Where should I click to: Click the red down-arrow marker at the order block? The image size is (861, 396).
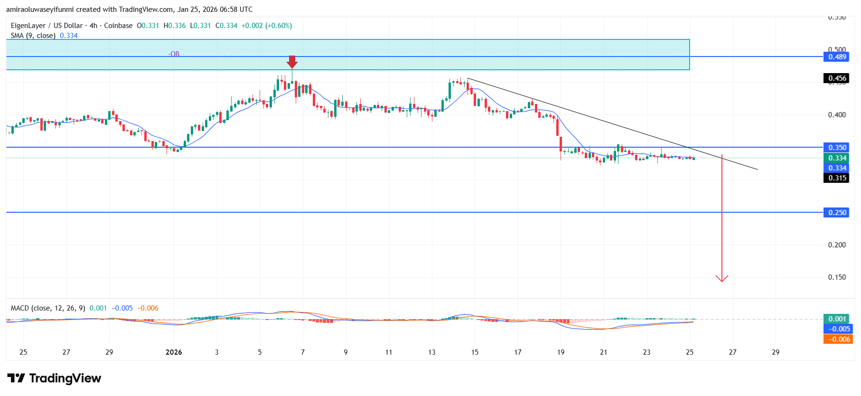292,62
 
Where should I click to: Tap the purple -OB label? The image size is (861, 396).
174,54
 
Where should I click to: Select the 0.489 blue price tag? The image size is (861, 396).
837,57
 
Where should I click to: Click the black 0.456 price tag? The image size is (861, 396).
837,78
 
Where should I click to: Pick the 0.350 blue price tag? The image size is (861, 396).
837,148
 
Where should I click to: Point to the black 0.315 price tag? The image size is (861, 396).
837,178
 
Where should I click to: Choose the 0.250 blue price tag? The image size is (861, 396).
837,213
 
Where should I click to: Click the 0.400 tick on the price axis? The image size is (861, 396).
837,115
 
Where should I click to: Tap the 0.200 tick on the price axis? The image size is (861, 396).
837,245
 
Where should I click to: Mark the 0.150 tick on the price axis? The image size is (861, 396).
837,277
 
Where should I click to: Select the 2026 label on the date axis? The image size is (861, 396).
174,352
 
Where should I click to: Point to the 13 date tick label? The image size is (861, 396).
431,352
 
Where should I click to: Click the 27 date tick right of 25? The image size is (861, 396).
733,352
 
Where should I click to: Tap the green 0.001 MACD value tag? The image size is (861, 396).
837,319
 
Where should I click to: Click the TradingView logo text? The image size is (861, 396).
65,378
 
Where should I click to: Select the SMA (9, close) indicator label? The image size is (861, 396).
33,36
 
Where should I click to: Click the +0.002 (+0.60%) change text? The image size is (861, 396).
267,26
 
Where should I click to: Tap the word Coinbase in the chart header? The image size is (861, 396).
118,26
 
